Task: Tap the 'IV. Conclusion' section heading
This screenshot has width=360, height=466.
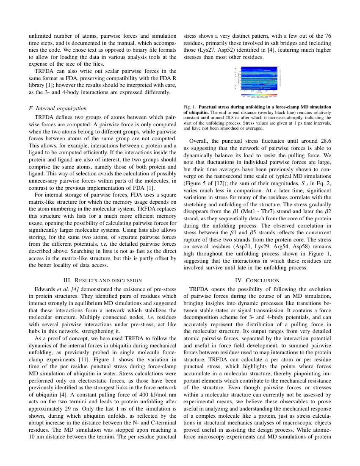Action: pyautogui.click(x=257, y=280)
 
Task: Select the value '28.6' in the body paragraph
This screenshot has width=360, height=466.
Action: pyautogui.click(x=324, y=140)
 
